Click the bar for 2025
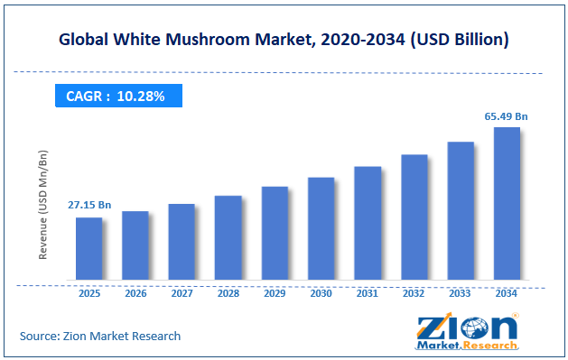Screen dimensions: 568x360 tap(89, 248)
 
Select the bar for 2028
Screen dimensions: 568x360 tap(228, 237)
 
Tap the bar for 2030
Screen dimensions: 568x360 tap(321, 228)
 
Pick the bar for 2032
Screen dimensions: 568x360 tap(414, 217)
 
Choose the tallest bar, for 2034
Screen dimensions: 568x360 tap(507, 203)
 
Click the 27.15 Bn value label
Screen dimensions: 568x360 tap(89, 205)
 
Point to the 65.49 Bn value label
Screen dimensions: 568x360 tap(506, 116)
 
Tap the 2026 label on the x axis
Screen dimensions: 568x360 tap(135, 293)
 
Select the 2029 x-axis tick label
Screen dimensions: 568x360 tap(275, 293)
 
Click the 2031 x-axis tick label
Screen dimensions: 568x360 tap(368, 293)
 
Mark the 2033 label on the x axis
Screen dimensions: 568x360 tap(460, 293)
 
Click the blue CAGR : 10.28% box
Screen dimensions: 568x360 tap(118, 96)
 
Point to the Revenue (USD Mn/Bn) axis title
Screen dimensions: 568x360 tap(42, 205)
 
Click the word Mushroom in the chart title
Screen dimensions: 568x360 tap(208, 39)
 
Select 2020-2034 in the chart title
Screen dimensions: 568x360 tap(363, 39)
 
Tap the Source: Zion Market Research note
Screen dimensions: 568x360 tap(100, 337)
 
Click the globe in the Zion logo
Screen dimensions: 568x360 tap(475, 329)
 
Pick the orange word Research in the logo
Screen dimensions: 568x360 tap(490, 346)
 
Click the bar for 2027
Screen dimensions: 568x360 tap(182, 242)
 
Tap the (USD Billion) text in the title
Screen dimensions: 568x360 tap(460, 40)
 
